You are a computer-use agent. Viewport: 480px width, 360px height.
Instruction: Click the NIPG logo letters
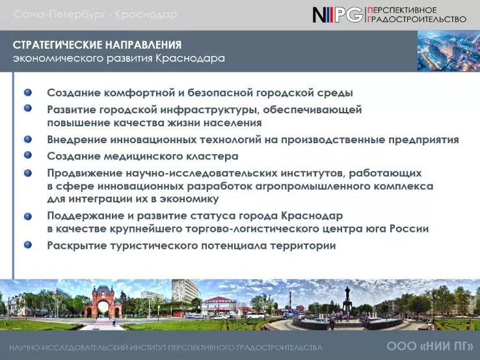click(338, 15)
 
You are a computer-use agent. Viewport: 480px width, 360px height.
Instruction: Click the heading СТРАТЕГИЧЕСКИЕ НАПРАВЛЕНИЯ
click(97, 45)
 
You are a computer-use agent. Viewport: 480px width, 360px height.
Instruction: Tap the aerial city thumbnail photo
click(449, 51)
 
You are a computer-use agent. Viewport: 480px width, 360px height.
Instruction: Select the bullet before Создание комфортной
click(28, 92)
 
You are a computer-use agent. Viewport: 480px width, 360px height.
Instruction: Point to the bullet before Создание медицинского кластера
click(28, 155)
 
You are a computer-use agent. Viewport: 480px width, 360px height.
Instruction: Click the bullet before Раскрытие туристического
click(28, 245)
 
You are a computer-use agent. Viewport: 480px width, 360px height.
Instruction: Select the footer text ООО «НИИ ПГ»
click(430, 346)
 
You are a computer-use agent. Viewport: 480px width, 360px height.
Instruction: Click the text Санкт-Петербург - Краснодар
click(95, 14)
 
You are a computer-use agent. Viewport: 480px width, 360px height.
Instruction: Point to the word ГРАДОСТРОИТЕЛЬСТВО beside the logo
click(417, 20)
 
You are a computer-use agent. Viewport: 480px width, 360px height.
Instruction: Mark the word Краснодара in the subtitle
click(190, 58)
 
